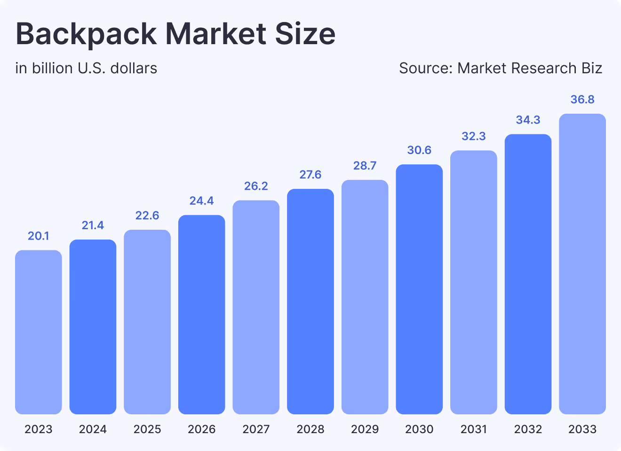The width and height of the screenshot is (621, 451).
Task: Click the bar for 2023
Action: (39, 332)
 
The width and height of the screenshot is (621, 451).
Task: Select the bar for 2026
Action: (202, 314)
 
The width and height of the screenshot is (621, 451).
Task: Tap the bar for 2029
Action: (365, 297)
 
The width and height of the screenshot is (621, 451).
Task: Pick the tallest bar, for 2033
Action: (582, 264)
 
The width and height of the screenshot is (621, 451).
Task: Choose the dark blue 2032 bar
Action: (528, 274)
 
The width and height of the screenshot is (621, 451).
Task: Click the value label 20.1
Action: (39, 236)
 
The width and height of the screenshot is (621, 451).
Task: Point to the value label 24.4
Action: (202, 201)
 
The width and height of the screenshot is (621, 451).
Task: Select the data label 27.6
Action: (310, 175)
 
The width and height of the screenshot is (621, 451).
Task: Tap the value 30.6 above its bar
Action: (419, 150)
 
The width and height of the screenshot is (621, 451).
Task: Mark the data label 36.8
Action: (582, 100)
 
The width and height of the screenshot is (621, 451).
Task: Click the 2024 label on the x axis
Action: (93, 429)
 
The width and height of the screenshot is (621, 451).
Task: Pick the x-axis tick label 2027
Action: (256, 429)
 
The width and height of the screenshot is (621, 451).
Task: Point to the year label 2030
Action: (419, 429)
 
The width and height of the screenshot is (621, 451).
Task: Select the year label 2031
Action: (474, 429)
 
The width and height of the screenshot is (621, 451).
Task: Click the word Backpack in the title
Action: (87, 34)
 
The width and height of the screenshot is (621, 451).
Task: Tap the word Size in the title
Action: (305, 34)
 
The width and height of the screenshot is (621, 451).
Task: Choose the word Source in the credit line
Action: (426, 69)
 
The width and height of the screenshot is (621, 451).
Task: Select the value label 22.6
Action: (147, 216)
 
